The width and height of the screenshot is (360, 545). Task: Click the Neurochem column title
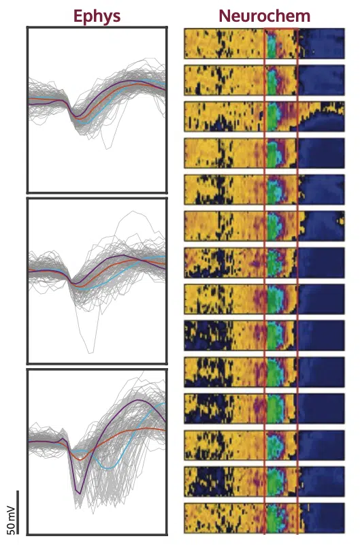point(265,16)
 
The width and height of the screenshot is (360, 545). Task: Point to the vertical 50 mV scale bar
point(18,512)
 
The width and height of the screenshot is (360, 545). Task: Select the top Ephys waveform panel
point(97,110)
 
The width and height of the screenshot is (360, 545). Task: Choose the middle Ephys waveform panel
point(97,280)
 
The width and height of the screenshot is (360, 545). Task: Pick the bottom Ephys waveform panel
point(97,452)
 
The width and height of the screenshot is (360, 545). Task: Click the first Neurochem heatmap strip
point(265,44)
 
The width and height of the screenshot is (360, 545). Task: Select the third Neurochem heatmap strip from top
point(265,116)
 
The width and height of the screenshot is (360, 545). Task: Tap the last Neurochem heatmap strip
point(265,518)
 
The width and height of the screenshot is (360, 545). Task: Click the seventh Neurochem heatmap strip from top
point(265,263)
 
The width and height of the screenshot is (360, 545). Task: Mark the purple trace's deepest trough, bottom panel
point(80,493)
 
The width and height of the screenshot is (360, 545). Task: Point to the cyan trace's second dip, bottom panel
point(109,469)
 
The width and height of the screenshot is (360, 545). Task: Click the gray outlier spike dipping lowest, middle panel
point(91,352)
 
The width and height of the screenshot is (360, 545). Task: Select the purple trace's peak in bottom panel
point(139,400)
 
